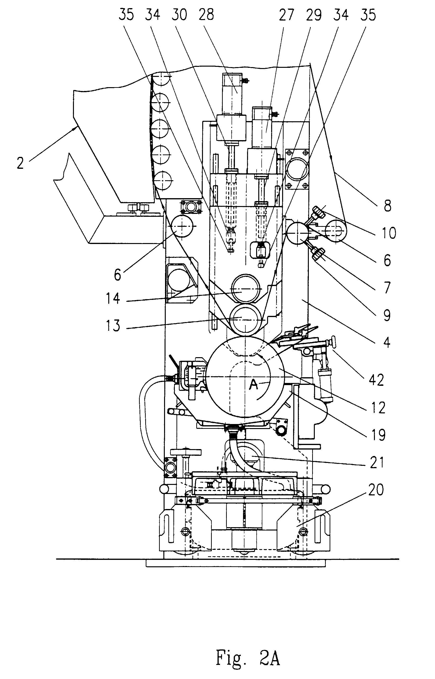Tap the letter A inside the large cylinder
coord(254,385)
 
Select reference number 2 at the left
coord(20,163)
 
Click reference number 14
coord(113,298)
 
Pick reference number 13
coord(113,325)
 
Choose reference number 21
coord(377,463)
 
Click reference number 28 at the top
coord(207,15)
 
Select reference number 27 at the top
coord(286,15)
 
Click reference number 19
coord(378,435)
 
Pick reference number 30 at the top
coord(179,15)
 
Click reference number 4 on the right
coord(387,342)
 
